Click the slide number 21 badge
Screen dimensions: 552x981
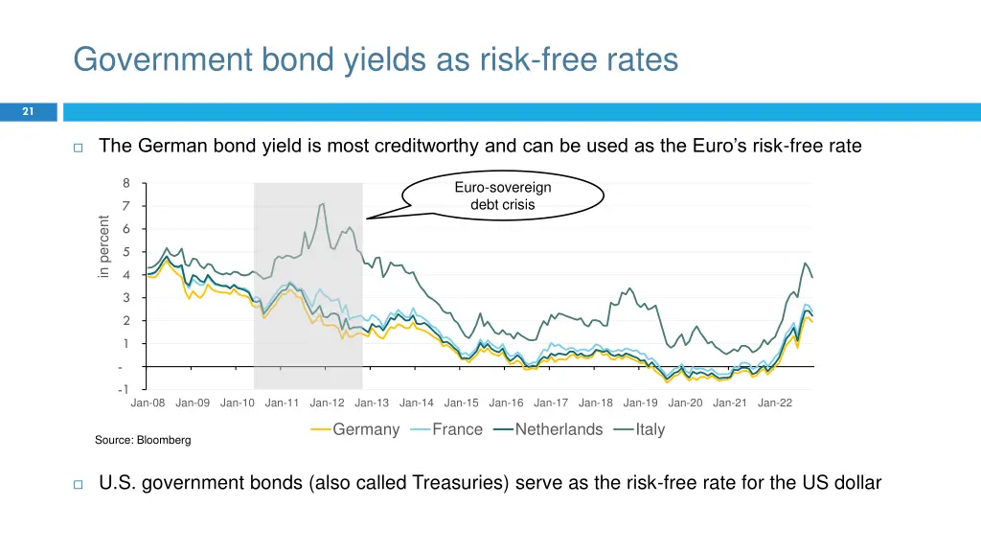tap(28, 112)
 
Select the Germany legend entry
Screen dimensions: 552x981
tap(365, 429)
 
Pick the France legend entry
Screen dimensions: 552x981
tap(457, 429)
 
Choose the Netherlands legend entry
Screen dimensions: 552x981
tap(559, 429)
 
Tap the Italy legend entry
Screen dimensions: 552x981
tap(650, 429)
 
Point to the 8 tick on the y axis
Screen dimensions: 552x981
tap(125, 183)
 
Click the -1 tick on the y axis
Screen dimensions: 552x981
tap(123, 390)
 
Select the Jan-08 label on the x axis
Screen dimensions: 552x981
tap(148, 402)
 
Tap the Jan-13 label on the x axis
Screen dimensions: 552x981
tap(372, 402)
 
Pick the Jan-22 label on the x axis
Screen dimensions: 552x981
tap(775, 402)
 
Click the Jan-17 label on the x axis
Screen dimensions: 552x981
tap(551, 402)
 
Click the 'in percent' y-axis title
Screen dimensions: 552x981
tap(104, 247)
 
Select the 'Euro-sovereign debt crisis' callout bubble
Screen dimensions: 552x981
tap(503, 195)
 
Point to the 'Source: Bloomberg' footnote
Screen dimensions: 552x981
tap(143, 440)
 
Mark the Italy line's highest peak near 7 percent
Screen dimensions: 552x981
tap(322, 203)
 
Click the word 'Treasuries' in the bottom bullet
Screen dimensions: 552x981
tap(459, 483)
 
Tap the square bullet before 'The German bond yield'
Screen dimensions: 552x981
tap(79, 148)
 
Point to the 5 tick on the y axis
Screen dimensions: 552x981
tap(125, 252)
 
